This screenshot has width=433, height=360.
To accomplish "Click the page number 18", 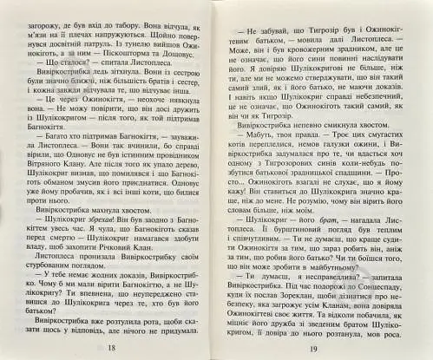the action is tap(110, 348).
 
